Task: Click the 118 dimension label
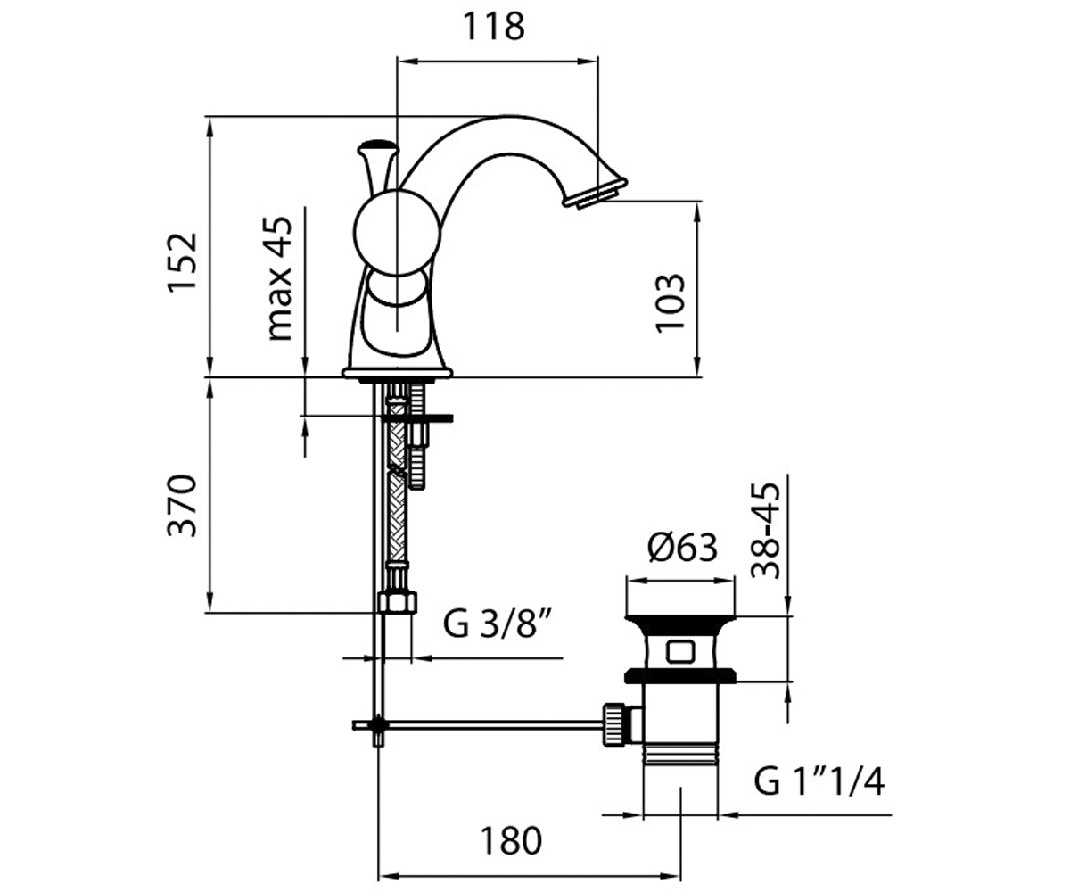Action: (494, 27)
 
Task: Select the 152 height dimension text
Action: (183, 262)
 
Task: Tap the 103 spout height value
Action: (671, 303)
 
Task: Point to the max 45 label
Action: (280, 279)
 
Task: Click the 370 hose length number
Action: (183, 506)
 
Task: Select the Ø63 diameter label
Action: (682, 548)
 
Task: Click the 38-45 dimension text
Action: (766, 530)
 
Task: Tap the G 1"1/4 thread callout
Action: (819, 782)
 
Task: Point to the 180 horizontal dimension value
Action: (511, 841)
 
